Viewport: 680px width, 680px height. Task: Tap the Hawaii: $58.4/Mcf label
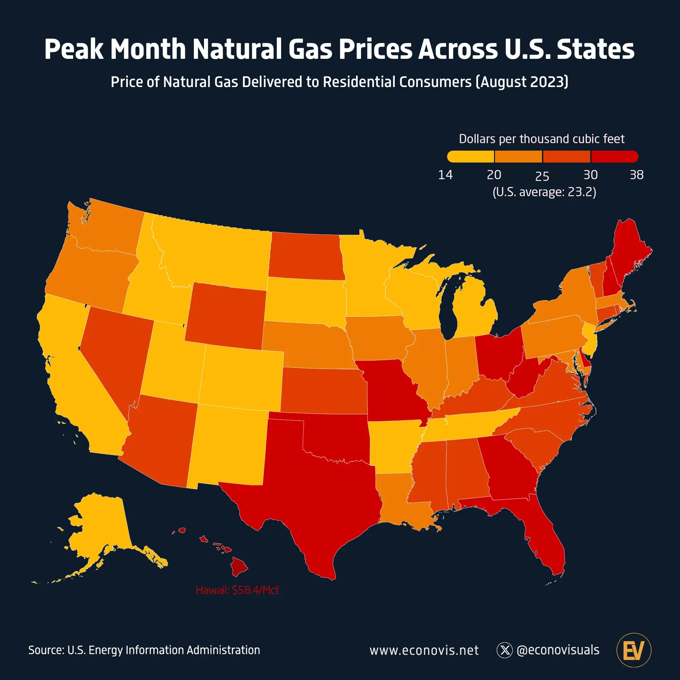(x=237, y=590)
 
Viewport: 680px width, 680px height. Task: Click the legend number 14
(x=445, y=175)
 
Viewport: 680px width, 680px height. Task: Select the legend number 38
(x=636, y=175)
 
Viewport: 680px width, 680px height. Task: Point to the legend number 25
(x=542, y=176)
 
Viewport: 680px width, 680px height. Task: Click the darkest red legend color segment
(x=614, y=157)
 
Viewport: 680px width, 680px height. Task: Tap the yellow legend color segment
(x=471, y=157)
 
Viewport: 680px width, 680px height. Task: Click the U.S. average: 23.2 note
(x=544, y=192)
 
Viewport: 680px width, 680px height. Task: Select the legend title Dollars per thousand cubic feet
(x=542, y=139)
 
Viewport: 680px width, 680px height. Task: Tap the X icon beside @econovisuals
(x=505, y=650)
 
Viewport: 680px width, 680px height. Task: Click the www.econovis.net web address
(x=424, y=650)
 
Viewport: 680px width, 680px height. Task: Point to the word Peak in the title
(x=74, y=49)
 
